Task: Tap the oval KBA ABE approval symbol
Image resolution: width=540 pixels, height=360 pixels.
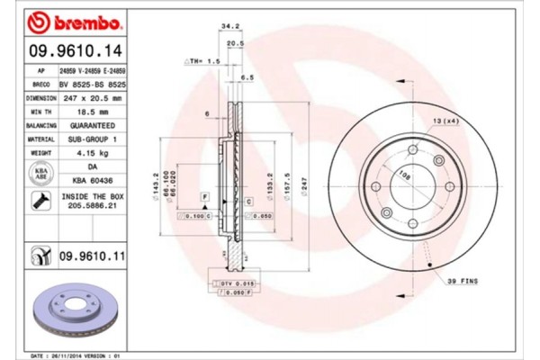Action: [40, 173]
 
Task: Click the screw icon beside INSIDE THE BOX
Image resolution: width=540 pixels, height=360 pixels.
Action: [40, 204]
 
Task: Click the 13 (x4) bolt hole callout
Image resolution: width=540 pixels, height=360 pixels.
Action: [445, 121]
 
